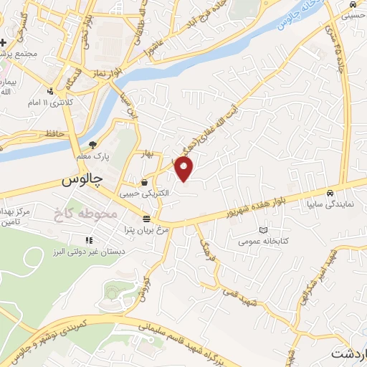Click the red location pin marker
pyautogui.click(x=185, y=171)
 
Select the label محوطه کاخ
pyautogui.click(x=80, y=213)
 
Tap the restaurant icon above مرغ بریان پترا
pyautogui.click(x=146, y=219)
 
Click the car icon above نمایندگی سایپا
pyautogui.click(x=329, y=194)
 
